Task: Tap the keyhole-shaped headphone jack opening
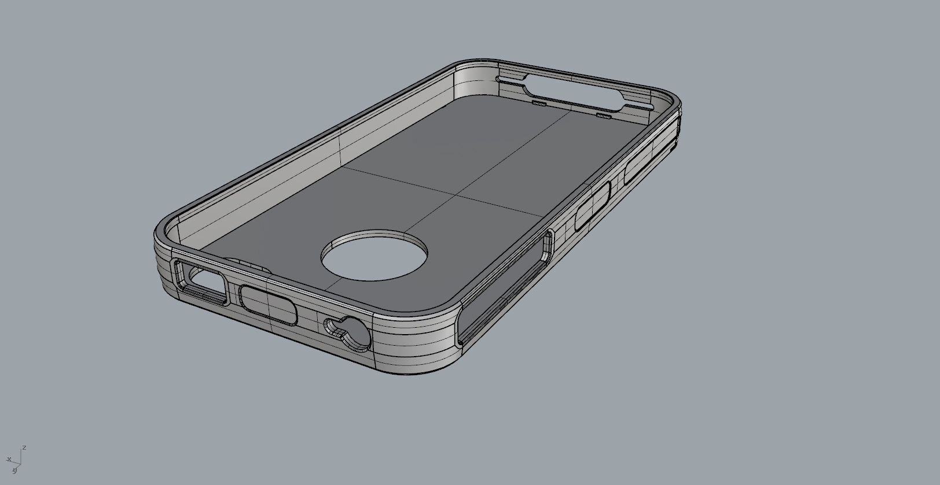pyautogui.click(x=348, y=332)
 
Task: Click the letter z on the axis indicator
pyautogui.click(x=24, y=447)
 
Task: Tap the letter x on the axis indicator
pyautogui.click(x=9, y=459)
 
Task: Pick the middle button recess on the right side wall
pyautogui.click(x=593, y=206)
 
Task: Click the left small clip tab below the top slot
pyautogui.click(x=539, y=103)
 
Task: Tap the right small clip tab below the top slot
pyautogui.click(x=604, y=116)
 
